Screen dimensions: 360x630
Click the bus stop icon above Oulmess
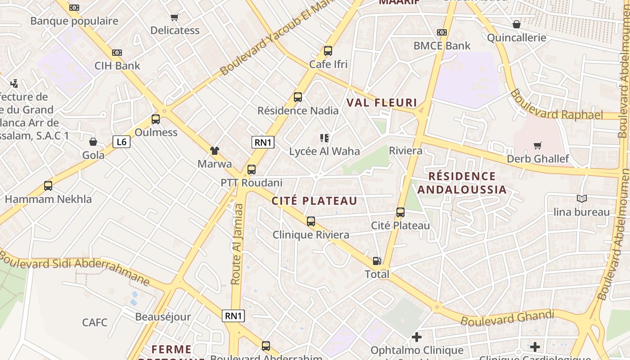156,119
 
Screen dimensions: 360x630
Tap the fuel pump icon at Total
377,261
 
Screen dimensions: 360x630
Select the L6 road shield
121,142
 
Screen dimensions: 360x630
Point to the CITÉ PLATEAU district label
314,201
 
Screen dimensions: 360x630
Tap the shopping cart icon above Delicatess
175,18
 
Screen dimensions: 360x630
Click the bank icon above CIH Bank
117,53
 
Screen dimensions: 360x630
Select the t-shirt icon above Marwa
215,151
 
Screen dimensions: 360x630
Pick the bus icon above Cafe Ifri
328,51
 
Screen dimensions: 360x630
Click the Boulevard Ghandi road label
507,318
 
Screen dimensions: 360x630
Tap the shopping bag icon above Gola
93,142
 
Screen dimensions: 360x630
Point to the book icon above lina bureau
581,198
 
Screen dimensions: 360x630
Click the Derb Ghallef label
538,159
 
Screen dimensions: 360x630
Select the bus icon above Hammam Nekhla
48,185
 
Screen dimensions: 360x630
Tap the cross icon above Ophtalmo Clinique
417,337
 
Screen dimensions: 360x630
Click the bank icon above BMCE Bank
442,32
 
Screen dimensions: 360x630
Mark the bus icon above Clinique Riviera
311,221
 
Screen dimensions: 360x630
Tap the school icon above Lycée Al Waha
324,138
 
